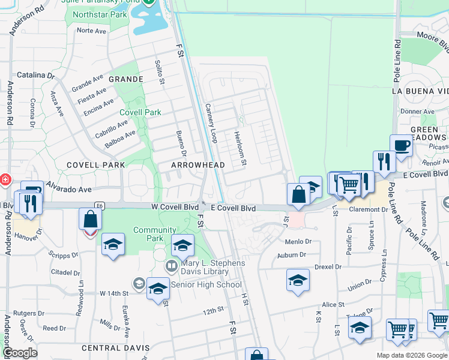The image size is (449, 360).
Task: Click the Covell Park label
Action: click(x=140, y=112)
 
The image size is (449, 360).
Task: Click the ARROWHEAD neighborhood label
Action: click(x=198, y=165)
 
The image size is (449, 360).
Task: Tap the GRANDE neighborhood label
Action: click(x=125, y=79)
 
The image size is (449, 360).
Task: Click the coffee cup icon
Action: click(x=401, y=146)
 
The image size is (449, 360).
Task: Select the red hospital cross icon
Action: click(x=5, y=179)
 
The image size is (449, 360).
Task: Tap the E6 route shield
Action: click(x=99, y=206)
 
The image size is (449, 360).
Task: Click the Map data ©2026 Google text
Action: click(x=411, y=355)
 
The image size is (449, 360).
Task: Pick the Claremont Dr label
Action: click(x=368, y=209)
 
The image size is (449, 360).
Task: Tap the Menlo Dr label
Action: click(x=299, y=242)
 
